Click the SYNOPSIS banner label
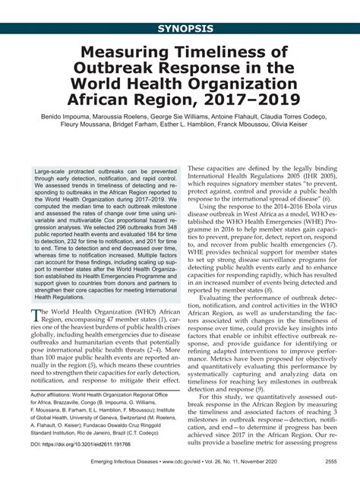(x=180, y=30)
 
